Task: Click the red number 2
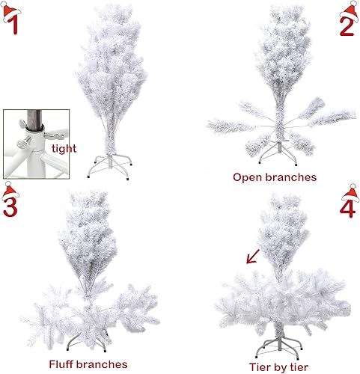click(347, 25)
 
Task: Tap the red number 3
click(10, 205)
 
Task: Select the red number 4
click(348, 206)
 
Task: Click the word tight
click(64, 149)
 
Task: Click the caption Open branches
click(275, 177)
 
